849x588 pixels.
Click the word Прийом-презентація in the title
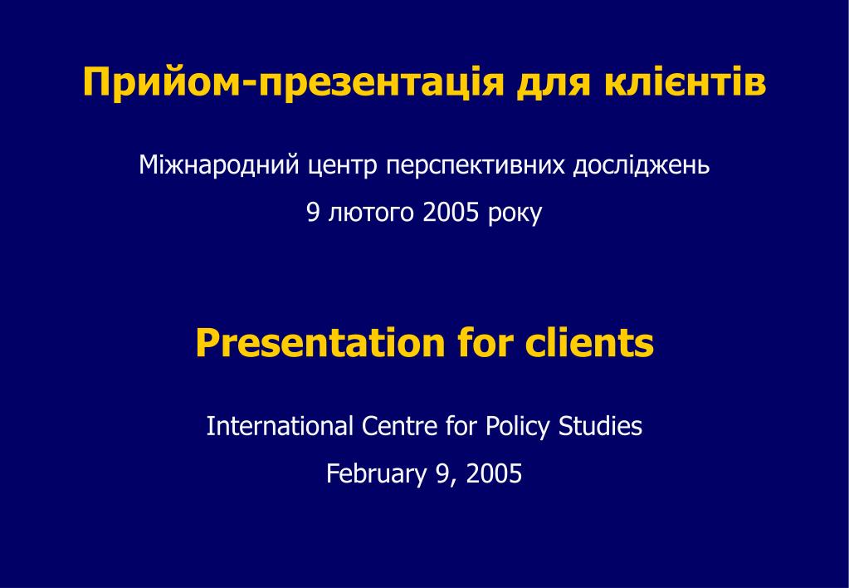click(x=293, y=83)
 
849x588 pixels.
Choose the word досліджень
click(x=641, y=166)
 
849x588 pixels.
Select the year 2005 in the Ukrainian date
click(x=451, y=212)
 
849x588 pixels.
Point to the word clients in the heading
click(x=589, y=342)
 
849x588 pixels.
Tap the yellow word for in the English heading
click(x=485, y=342)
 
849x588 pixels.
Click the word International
click(x=280, y=426)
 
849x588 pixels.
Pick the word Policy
click(x=517, y=427)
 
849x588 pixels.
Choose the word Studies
click(x=600, y=426)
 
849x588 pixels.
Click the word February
click(x=376, y=474)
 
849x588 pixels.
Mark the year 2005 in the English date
click(x=494, y=473)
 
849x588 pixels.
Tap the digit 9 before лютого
click(x=313, y=213)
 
